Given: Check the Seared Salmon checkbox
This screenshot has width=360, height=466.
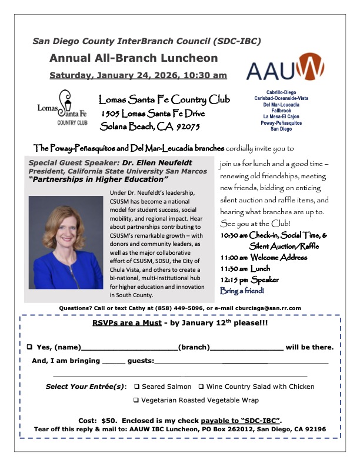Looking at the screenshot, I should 136,387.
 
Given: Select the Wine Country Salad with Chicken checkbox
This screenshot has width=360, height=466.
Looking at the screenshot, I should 201,387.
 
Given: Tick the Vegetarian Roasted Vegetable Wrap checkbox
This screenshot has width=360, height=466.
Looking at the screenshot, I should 136,400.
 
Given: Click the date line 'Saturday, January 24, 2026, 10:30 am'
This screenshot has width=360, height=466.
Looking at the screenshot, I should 138,75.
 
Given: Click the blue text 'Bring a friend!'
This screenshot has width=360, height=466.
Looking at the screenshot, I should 242,291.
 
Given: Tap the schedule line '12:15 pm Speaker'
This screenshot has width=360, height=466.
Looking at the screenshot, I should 249,279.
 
